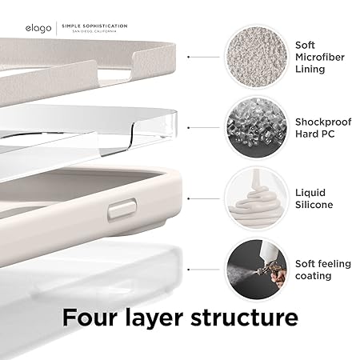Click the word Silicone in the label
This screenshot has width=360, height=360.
click(x=318, y=206)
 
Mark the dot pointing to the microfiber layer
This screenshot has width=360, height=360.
click(x=188, y=58)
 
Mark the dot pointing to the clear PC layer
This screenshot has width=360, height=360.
click(x=188, y=128)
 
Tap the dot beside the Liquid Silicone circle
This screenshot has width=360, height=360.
click(x=188, y=198)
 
